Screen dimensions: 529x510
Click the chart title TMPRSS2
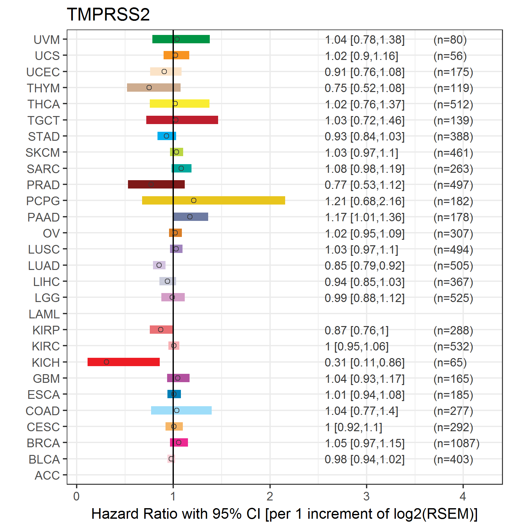click(108, 14)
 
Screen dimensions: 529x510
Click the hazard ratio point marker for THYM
click(149, 88)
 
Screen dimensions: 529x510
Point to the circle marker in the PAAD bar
click(190, 217)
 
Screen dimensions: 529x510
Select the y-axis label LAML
click(44, 314)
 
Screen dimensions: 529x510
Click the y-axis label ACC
click(47, 475)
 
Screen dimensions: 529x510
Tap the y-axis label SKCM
click(43, 153)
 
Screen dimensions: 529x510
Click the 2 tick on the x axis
click(270, 496)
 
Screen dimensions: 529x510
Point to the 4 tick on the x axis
click(463, 496)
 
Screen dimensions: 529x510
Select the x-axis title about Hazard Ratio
click(284, 514)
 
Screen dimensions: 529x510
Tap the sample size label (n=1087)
click(456, 443)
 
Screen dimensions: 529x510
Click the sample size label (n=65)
click(450, 362)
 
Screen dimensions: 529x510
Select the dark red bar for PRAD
click(156, 184)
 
